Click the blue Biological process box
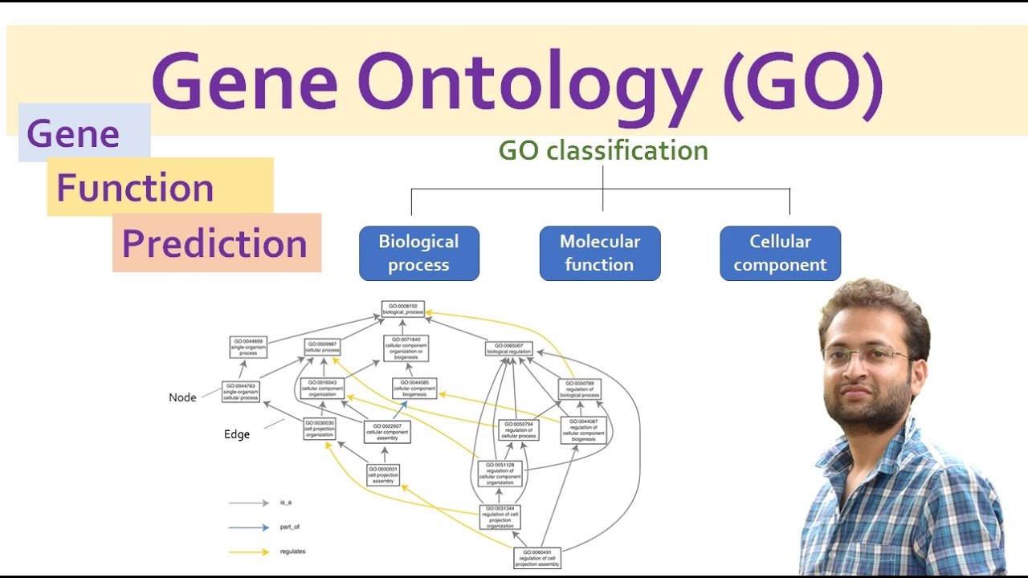(x=418, y=253)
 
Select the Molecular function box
(x=600, y=253)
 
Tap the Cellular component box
(x=780, y=253)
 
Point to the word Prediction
(x=215, y=243)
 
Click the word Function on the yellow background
(x=135, y=189)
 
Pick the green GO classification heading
(x=603, y=151)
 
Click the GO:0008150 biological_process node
(x=402, y=309)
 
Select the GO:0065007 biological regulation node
(x=509, y=348)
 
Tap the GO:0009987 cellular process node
(x=322, y=347)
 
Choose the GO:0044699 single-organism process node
(x=248, y=347)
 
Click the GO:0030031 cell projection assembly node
(x=383, y=474)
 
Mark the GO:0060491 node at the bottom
(x=536, y=557)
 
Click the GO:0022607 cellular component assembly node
(x=388, y=432)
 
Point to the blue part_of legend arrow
(x=248, y=527)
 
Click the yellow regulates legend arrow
(x=248, y=552)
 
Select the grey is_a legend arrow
(x=248, y=503)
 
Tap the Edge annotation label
(x=237, y=434)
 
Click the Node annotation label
(x=182, y=397)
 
